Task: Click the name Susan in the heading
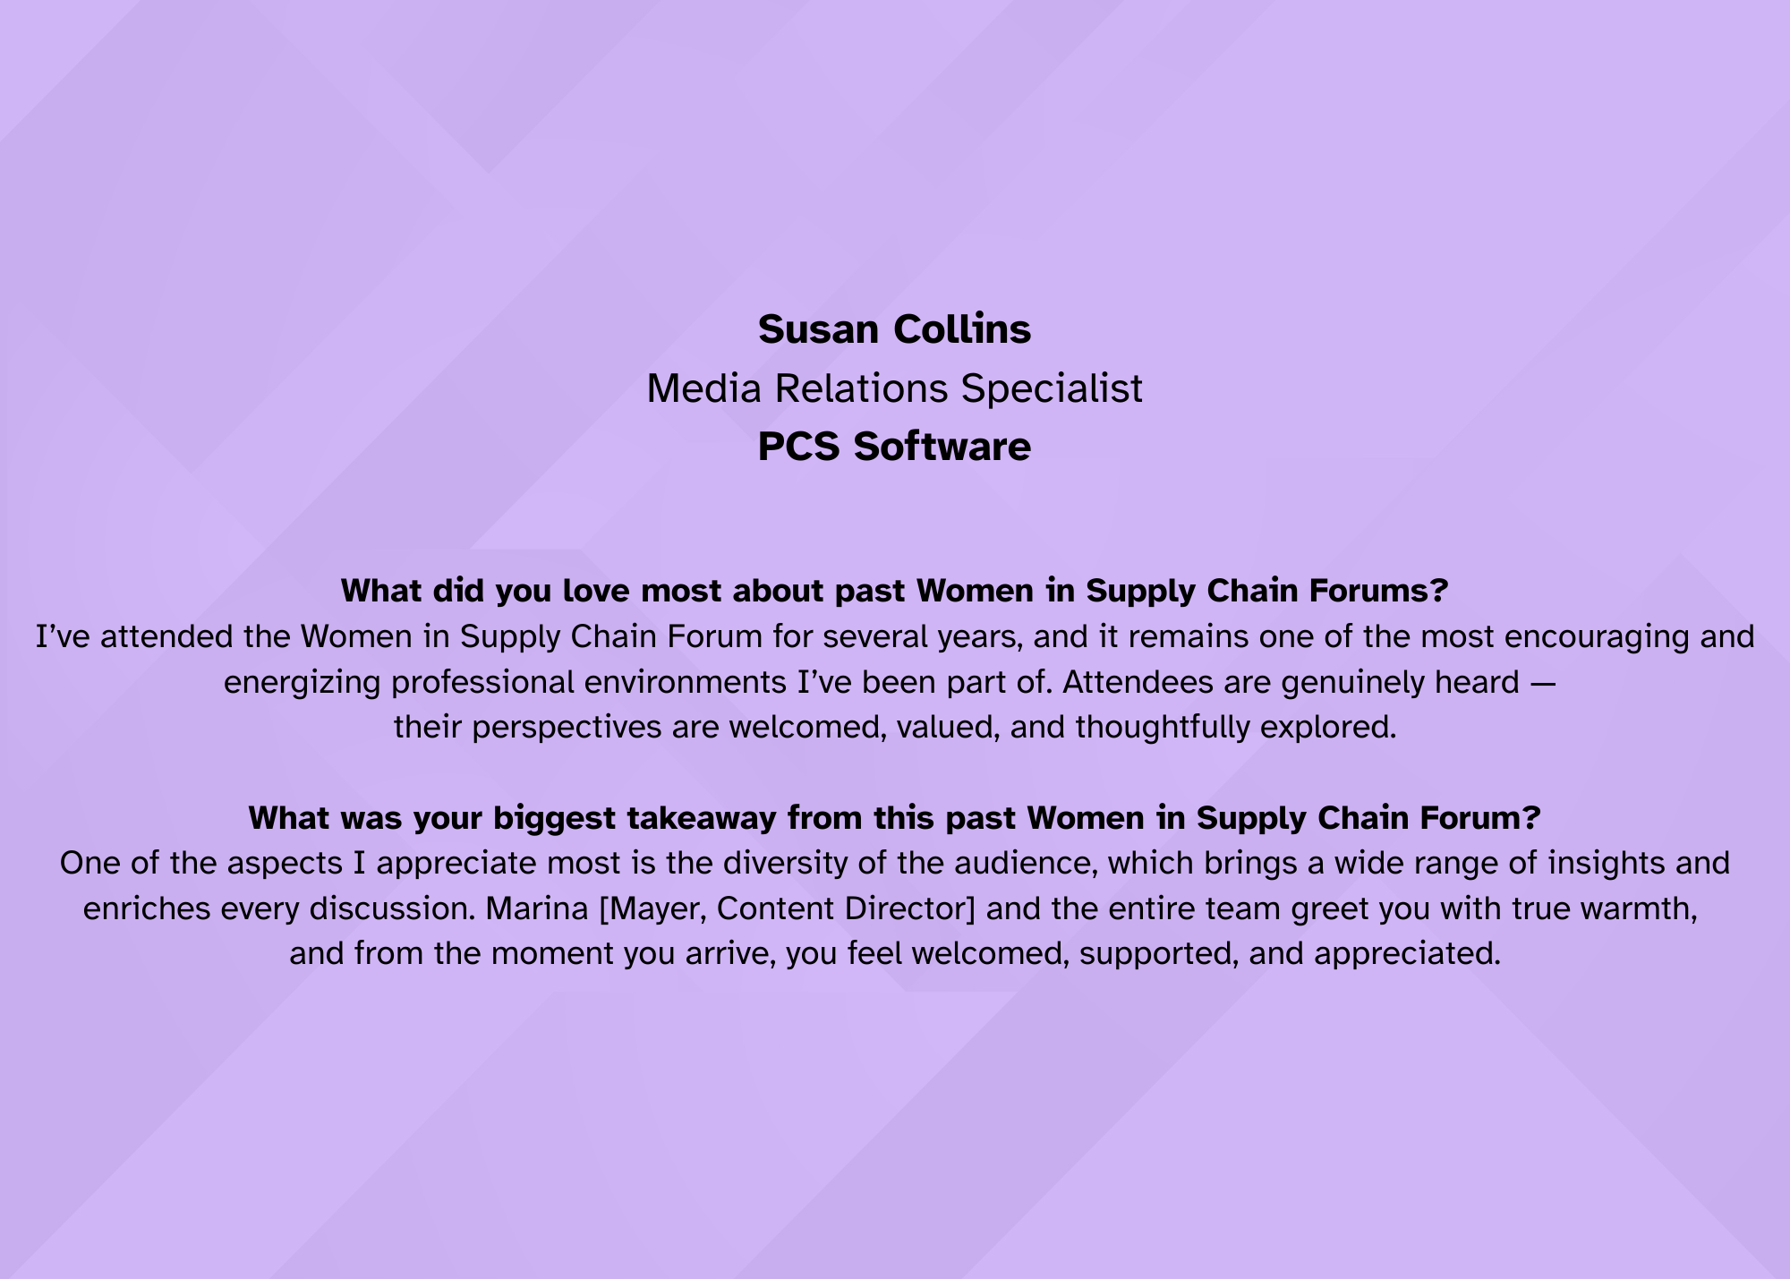(x=818, y=329)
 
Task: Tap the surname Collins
(x=963, y=329)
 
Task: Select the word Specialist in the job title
(x=1052, y=389)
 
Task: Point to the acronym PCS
(x=799, y=447)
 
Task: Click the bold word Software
(x=942, y=447)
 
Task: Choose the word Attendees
(x=1134, y=682)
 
